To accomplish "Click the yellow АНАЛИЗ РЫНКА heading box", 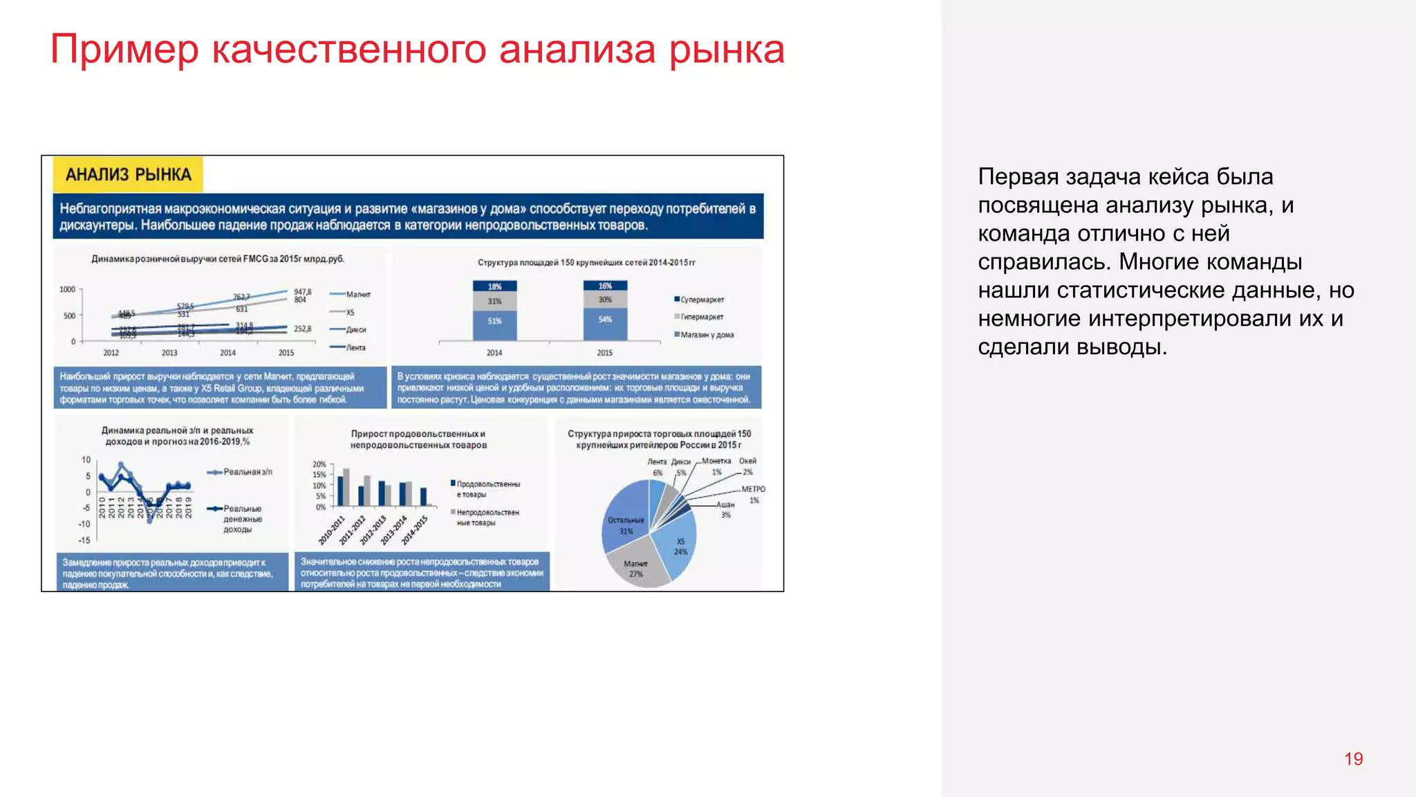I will (128, 174).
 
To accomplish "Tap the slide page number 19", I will (1353, 759).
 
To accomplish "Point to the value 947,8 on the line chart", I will (303, 292).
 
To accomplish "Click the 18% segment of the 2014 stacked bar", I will (494, 286).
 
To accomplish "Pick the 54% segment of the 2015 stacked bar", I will (605, 320).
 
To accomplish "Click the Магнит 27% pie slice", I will (635, 568).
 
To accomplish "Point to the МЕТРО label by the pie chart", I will (753, 489).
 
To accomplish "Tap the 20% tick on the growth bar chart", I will (319, 464).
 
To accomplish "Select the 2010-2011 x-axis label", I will (332, 530).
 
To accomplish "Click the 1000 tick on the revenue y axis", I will (67, 289).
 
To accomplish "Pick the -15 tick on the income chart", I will (84, 540).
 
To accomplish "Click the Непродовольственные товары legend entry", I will (487, 517).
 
